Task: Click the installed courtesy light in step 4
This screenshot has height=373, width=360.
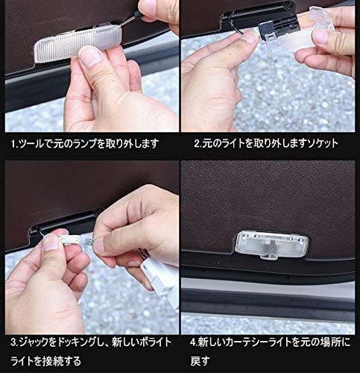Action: tap(272, 244)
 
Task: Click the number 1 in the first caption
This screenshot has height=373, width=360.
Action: tap(13, 144)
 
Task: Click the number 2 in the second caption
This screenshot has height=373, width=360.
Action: tap(197, 144)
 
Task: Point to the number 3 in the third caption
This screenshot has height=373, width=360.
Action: tap(13, 342)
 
